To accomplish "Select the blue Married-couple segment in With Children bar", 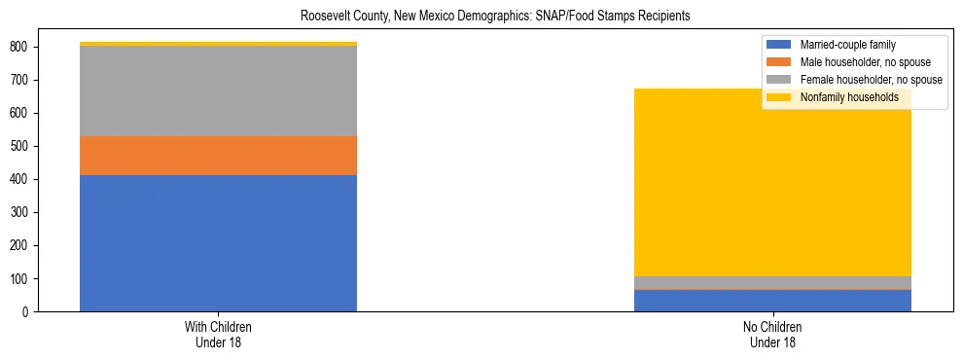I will pyautogui.click(x=218, y=243).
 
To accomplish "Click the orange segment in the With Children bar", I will pyautogui.click(x=218, y=156).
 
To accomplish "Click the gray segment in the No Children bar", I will pyautogui.click(x=772, y=282).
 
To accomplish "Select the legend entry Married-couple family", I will pyautogui.click(x=847, y=45).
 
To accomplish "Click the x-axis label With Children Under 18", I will pyautogui.click(x=218, y=334).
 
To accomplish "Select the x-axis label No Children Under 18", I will pyautogui.click(x=772, y=334).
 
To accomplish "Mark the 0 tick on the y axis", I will pyautogui.click(x=28, y=312).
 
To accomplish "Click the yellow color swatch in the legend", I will pyautogui.click(x=779, y=97).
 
